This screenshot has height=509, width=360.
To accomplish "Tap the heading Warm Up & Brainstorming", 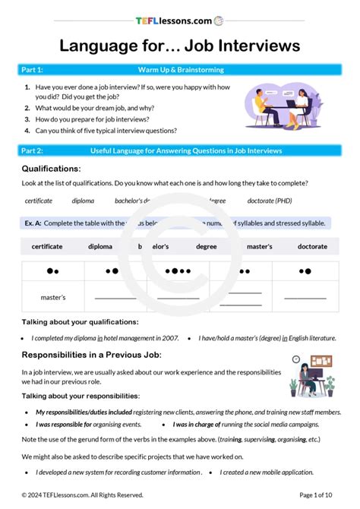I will (181, 70).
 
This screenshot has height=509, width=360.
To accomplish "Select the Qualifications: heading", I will (51, 169).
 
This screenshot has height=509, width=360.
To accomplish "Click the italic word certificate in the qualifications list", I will (39, 201).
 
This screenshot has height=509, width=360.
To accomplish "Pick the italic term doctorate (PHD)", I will (270, 201).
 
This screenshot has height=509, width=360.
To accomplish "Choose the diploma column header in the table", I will (99, 247).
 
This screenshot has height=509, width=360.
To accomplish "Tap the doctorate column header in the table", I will (312, 247).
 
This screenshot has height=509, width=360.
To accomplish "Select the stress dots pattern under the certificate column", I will (53, 270).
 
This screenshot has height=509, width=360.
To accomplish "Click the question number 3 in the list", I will (27, 119).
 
